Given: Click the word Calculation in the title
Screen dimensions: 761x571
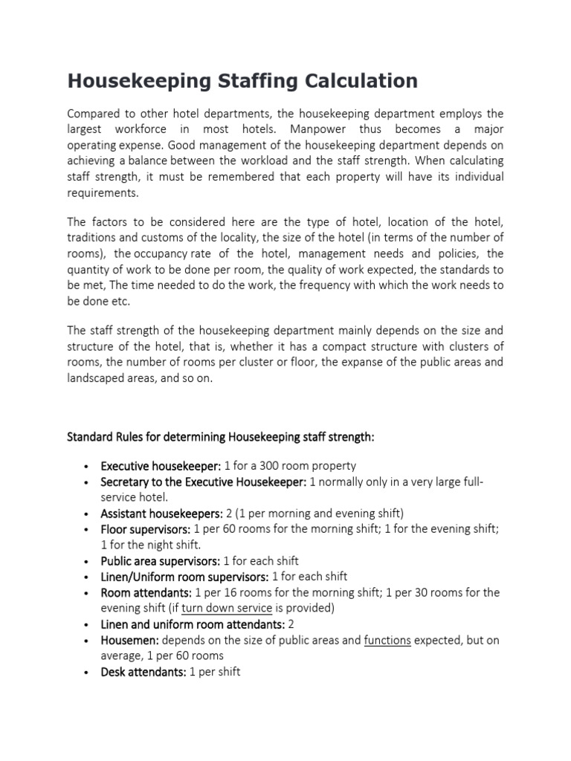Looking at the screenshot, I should tap(352, 80).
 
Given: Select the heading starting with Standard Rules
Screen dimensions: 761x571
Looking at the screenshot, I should tap(221, 438).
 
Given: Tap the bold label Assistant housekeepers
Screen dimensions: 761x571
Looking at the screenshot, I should tap(161, 514).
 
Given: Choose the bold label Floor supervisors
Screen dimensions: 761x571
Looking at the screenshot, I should tap(146, 529).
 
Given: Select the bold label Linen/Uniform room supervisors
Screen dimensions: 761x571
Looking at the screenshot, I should tap(184, 577).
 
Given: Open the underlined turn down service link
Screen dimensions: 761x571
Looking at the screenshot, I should tap(227, 608).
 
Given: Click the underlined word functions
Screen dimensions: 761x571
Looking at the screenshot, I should tap(387, 640).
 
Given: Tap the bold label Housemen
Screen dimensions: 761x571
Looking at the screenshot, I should tap(129, 640).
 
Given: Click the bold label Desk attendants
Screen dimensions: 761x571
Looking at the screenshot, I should tap(143, 672).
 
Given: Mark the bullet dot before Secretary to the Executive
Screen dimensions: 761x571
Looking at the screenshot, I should tap(87, 482).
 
